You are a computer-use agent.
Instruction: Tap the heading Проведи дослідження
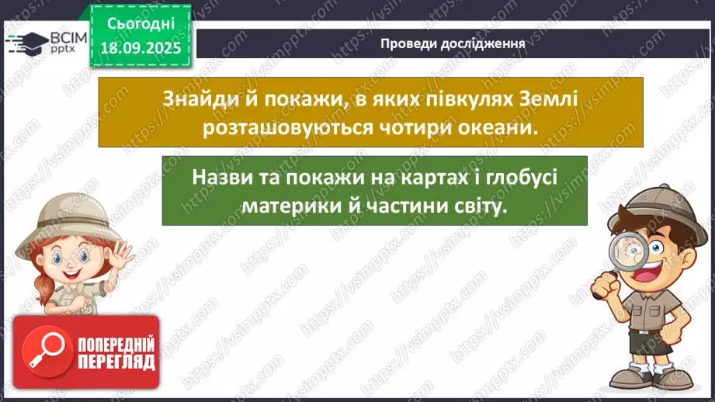coord(453,43)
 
